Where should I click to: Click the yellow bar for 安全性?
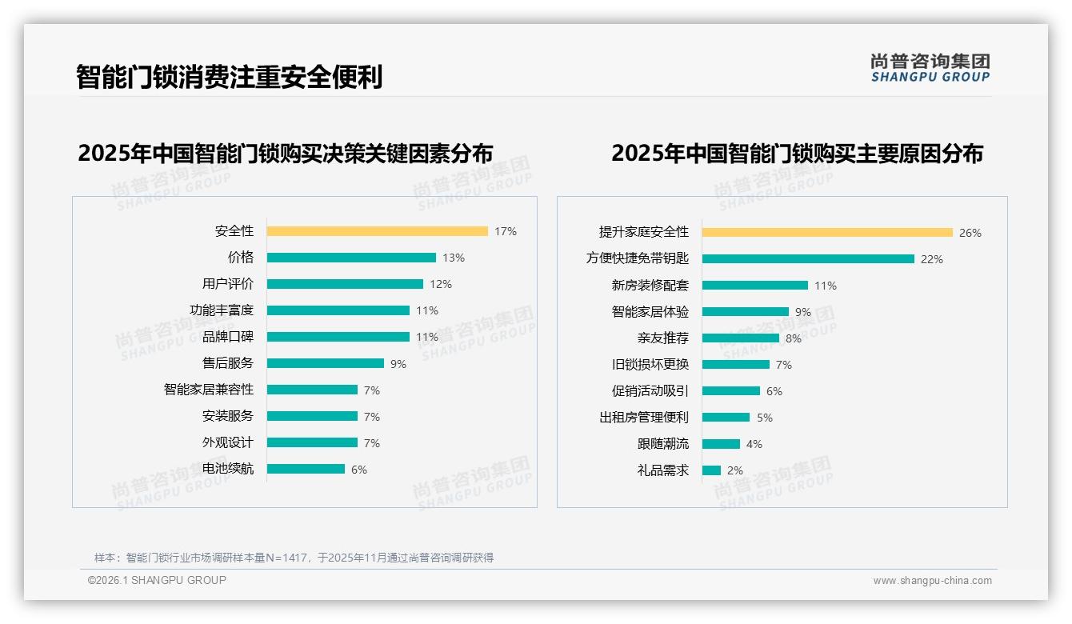coord(377,231)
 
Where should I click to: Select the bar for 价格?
coord(351,258)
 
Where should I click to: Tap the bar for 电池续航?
coord(306,469)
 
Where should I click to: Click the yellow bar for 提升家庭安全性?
coord(827,233)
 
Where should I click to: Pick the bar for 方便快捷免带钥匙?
coord(808,259)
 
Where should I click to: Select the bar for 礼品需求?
coord(711,470)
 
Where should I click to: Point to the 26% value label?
coord(970,233)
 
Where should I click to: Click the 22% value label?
coord(931,259)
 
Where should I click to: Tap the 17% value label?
coord(505,231)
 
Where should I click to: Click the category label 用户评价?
coord(227,284)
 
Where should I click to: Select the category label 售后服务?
coord(227,363)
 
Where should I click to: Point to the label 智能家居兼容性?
coord(208,390)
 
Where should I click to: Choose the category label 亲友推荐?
coord(662,338)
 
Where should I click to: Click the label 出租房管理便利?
coord(643,418)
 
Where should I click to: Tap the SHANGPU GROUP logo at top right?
coord(930,68)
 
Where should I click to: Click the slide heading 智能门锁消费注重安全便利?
coord(230,77)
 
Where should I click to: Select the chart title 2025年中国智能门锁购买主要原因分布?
coord(797,153)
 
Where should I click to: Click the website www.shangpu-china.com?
coord(932,581)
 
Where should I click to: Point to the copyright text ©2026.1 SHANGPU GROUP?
coord(157,580)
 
